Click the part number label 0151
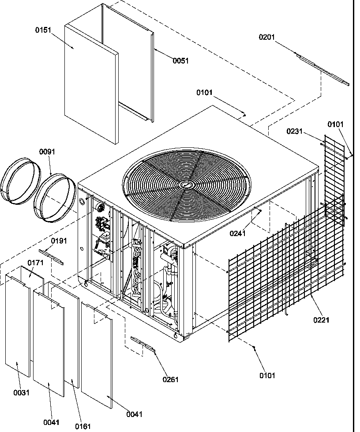tap(43, 30)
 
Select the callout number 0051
tap(180, 61)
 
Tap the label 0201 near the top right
tap(266, 37)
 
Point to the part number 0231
tap(294, 131)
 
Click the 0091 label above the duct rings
tap(47, 152)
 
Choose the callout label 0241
tap(238, 234)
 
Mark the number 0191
tap(59, 240)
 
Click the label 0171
tap(36, 263)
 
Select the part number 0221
tap(321, 320)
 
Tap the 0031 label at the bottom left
tap(21, 392)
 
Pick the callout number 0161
tap(83, 426)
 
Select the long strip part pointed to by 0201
tap(322, 68)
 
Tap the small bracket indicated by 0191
tap(51, 257)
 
